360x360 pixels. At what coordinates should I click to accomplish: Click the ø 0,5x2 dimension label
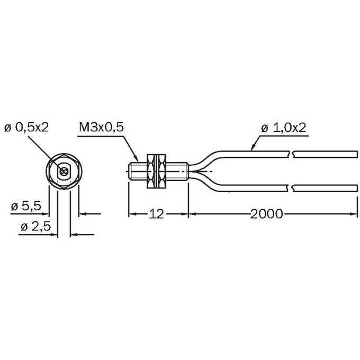(26, 127)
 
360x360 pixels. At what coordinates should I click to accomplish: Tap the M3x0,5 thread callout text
(101, 127)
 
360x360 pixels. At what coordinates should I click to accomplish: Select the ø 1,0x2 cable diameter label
(284, 128)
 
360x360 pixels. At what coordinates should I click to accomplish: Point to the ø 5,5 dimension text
(26, 206)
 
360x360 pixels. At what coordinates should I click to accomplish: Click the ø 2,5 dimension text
(35, 227)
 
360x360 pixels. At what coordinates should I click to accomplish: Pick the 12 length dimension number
(156, 214)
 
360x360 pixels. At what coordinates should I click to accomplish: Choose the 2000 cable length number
(266, 214)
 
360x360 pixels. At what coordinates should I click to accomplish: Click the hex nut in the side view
(156, 172)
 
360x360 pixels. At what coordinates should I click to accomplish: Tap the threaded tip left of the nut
(138, 172)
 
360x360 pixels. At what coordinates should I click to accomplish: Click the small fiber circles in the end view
(64, 172)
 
